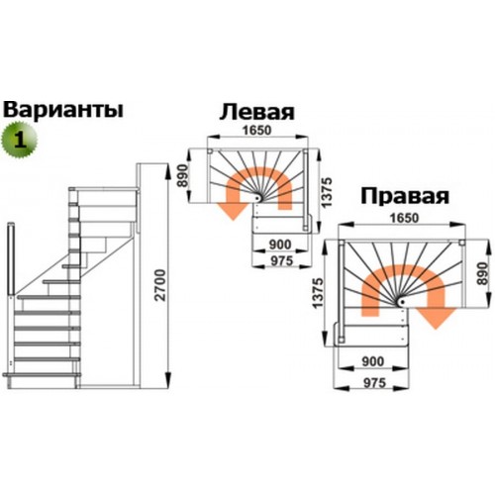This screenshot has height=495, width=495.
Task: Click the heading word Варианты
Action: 63,110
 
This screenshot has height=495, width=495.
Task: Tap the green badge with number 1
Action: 20,140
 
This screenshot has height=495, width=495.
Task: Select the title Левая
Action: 256,112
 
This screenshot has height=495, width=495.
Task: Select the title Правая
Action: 405,196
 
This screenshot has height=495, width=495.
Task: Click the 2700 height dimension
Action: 160,285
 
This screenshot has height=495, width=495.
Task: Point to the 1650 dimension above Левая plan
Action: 257,131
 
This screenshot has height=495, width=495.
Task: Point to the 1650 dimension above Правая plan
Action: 404,218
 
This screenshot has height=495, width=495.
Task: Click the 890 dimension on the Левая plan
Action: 183,175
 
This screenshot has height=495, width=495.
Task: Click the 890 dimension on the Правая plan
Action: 482,273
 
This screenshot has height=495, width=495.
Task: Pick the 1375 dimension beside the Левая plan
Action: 327,192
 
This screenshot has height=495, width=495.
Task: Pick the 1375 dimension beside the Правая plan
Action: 319,293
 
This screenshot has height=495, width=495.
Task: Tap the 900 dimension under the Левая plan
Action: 280,245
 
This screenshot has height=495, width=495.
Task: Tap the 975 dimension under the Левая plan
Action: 281,260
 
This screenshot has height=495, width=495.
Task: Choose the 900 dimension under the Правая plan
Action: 373,361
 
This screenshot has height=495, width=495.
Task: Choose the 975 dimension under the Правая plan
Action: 374,383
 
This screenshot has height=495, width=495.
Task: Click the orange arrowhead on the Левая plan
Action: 233,211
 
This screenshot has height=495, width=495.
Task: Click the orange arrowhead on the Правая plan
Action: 436,318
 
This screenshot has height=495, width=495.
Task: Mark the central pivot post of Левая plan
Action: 257,198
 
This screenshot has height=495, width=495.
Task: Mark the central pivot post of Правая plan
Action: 401,302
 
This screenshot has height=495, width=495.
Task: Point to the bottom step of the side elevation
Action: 42,374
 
